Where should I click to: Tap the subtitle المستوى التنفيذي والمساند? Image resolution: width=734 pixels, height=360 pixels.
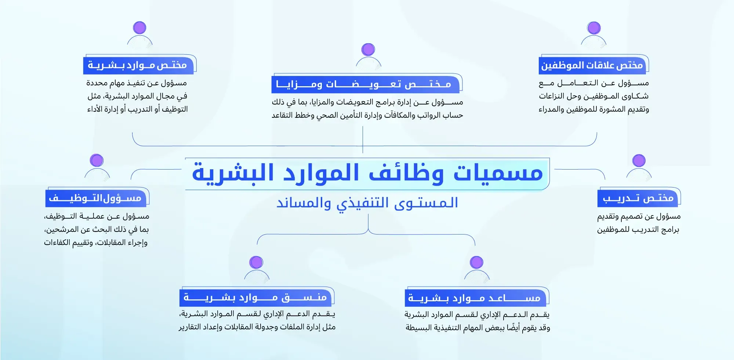point(367,203)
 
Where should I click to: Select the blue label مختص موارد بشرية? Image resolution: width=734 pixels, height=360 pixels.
point(138,65)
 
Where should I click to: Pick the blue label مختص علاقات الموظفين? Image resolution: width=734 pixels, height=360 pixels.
point(592,65)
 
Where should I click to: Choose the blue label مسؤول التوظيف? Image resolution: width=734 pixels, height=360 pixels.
point(95,198)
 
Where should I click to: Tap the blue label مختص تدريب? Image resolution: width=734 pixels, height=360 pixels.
point(638,198)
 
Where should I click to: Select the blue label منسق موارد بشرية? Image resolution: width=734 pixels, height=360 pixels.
point(255,297)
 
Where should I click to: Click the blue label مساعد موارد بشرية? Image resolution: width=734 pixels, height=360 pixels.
point(475,298)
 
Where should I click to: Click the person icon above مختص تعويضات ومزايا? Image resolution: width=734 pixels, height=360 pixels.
point(368,56)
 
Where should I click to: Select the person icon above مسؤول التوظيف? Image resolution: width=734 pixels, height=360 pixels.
point(97,168)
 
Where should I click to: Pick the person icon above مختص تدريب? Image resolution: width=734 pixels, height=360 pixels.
point(639,168)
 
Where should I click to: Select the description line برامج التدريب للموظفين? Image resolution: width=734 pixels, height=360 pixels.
point(638,230)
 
